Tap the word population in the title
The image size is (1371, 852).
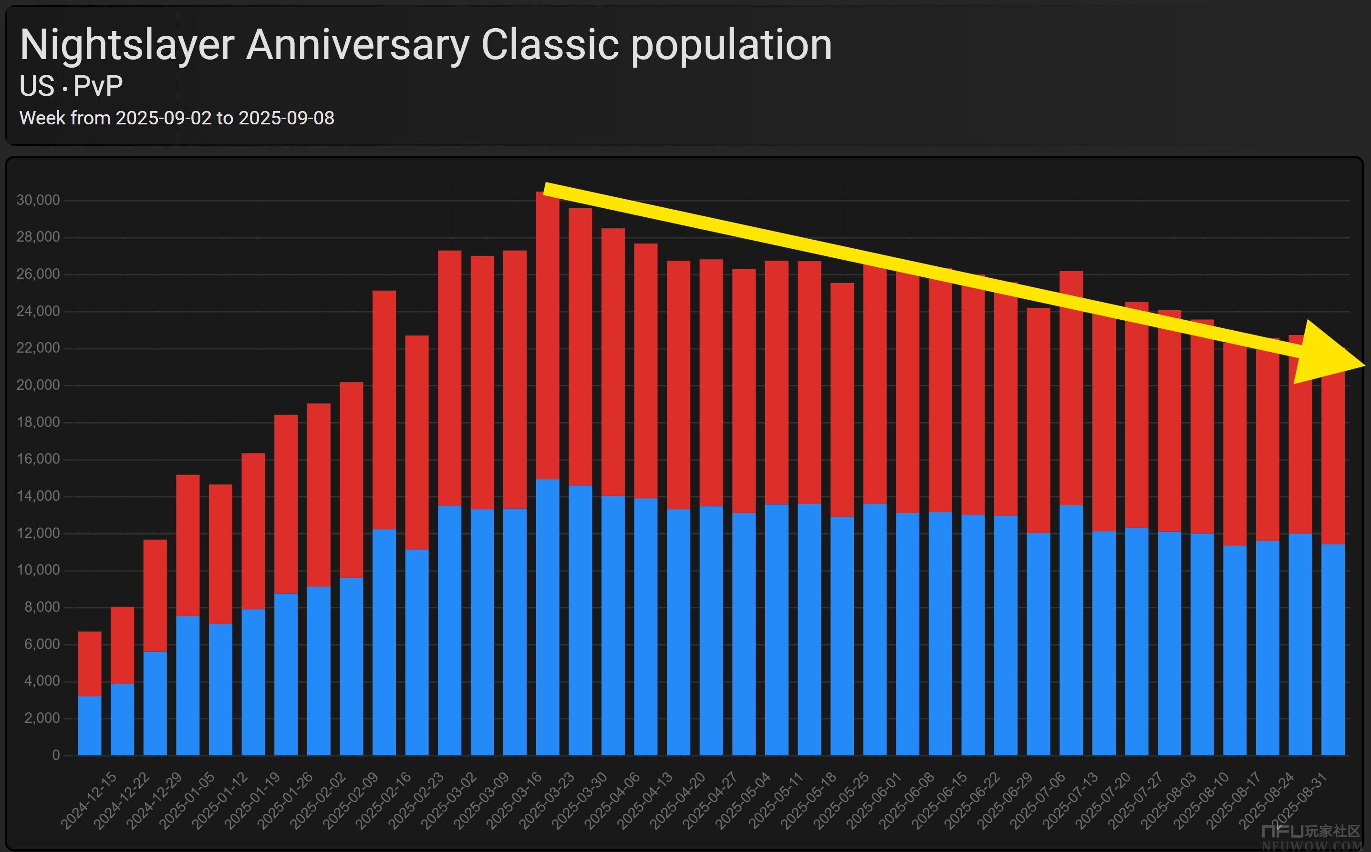731,45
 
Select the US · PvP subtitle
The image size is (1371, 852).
71,86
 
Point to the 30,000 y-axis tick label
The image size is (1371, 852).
38,200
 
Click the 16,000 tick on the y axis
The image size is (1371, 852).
38,459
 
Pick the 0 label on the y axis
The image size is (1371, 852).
56,755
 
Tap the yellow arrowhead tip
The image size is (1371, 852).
1364,365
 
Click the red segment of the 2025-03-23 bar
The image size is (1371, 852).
548,338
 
